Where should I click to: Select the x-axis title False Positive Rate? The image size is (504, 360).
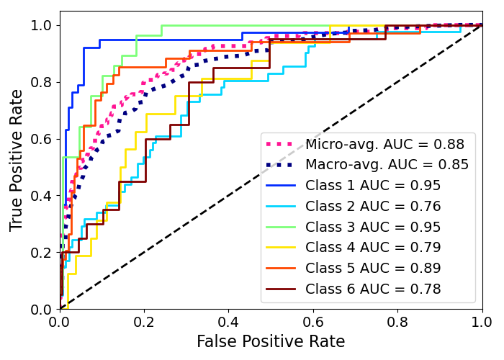(271, 342)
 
